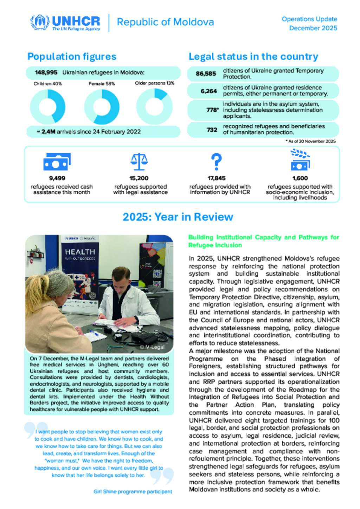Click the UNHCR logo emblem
pyautogui.click(x=40, y=22)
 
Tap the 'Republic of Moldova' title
pyautogui.click(x=165, y=22)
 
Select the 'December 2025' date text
pyautogui.click(x=313, y=28)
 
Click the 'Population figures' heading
pyautogui.click(x=72, y=57)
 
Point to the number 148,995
pyautogui.click(x=46, y=72)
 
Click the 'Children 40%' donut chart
pyautogui.click(x=48, y=107)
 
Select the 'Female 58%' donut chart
pyautogui.click(x=102, y=107)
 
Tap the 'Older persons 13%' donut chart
pyautogui.click(x=154, y=106)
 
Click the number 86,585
pyautogui.click(x=206, y=74)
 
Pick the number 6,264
pyautogui.click(x=209, y=91)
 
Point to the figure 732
pyautogui.click(x=212, y=130)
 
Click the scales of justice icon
pyautogui.click(x=139, y=161)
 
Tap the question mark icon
pyautogui.click(x=216, y=161)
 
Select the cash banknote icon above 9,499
pyautogui.click(x=57, y=162)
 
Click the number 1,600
pyautogui.click(x=300, y=178)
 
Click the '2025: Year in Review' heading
pyautogui.click(x=178, y=217)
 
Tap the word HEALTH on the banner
pyautogui.click(x=80, y=252)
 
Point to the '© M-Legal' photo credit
pyautogui.click(x=152, y=347)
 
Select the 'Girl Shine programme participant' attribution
pyautogui.click(x=133, y=491)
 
